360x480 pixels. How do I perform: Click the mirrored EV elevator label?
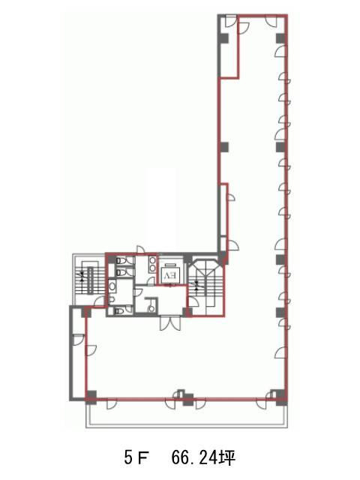171,275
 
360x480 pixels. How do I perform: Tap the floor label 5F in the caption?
136,458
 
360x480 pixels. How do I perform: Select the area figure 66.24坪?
203,458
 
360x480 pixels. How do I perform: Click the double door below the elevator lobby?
170,323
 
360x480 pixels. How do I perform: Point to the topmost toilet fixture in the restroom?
122,261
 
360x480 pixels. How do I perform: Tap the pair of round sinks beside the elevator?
152,264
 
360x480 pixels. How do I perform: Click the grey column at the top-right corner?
281,38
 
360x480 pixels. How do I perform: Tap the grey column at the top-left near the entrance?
223,38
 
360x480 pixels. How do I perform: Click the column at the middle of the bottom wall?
188,400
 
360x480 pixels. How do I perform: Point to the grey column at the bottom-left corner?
91,397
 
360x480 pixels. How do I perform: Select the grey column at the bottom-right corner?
281,397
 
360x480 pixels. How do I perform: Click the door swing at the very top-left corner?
231,22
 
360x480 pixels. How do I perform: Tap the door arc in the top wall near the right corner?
271,22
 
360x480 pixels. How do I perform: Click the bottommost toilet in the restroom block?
119,311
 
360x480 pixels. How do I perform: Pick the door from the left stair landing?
99,301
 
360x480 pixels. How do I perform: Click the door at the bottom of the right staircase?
193,301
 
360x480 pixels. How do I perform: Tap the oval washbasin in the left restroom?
112,286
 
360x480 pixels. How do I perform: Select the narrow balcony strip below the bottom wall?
187,414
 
